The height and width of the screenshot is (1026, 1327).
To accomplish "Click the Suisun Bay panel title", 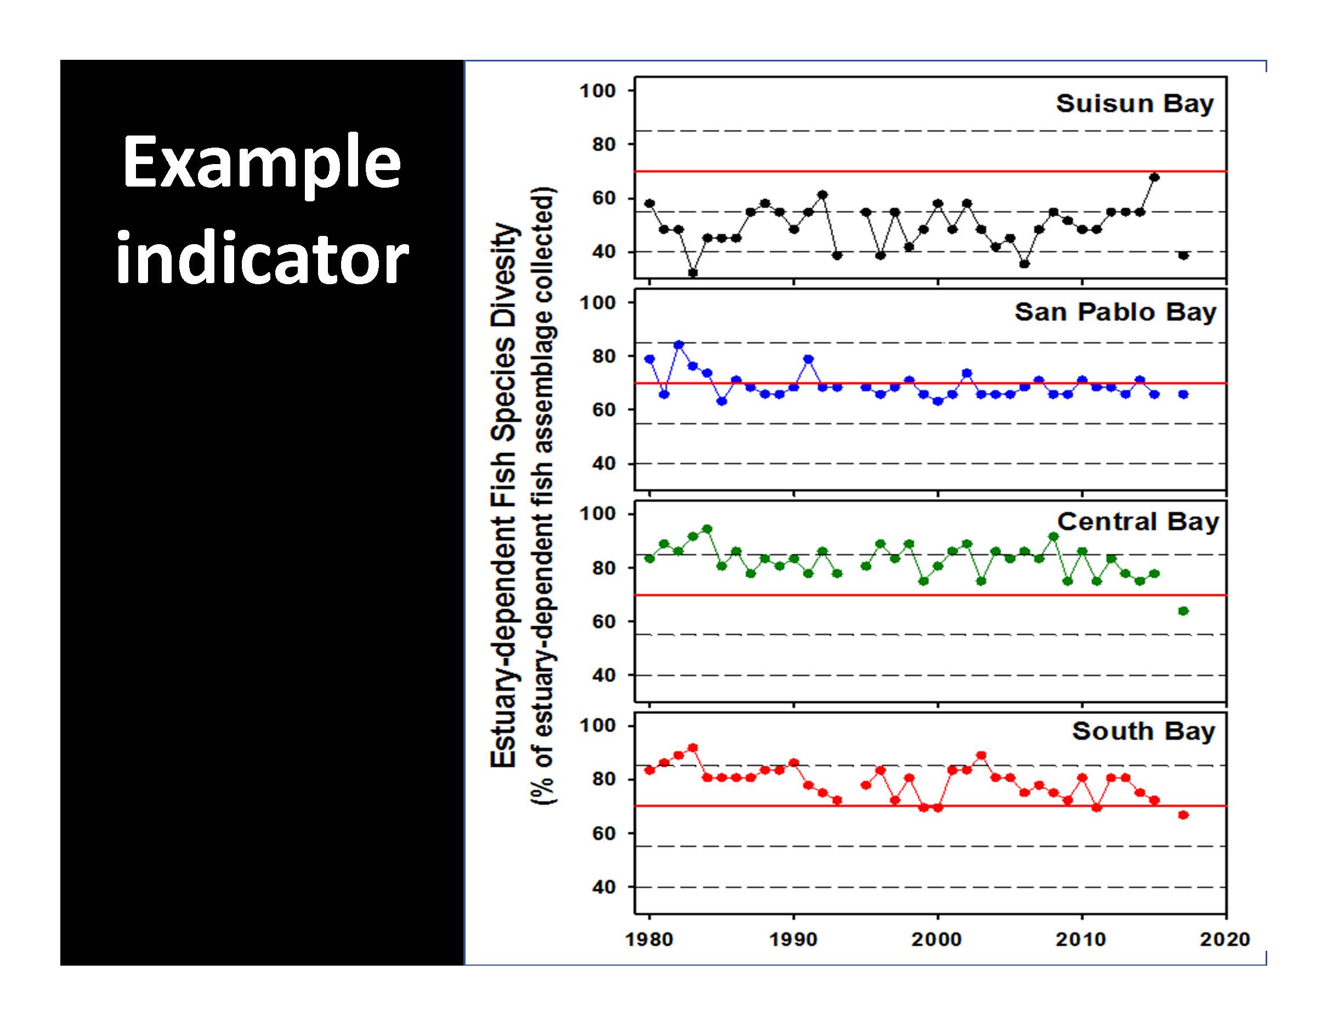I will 1135,104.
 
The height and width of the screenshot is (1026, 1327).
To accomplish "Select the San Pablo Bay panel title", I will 1115,312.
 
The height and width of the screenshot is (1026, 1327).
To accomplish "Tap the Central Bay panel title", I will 1137,522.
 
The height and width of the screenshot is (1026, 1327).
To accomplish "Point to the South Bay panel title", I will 1143,731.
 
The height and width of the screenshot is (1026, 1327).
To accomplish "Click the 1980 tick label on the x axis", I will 649,940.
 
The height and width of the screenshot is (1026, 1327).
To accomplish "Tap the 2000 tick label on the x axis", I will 938,940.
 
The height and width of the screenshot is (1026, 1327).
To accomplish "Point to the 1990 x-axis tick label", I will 793,940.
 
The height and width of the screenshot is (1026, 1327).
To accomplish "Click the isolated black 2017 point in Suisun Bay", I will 1183,255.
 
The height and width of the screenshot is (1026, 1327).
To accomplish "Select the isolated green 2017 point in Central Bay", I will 1183,611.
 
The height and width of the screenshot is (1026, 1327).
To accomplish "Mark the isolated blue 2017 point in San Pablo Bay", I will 1183,394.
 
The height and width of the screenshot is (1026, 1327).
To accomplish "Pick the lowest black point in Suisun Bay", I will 693,273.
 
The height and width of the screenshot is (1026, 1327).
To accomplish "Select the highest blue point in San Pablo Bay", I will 679,345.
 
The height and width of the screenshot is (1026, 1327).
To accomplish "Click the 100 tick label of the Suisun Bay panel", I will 598,91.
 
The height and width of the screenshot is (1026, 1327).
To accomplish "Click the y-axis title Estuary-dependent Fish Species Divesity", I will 504,495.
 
